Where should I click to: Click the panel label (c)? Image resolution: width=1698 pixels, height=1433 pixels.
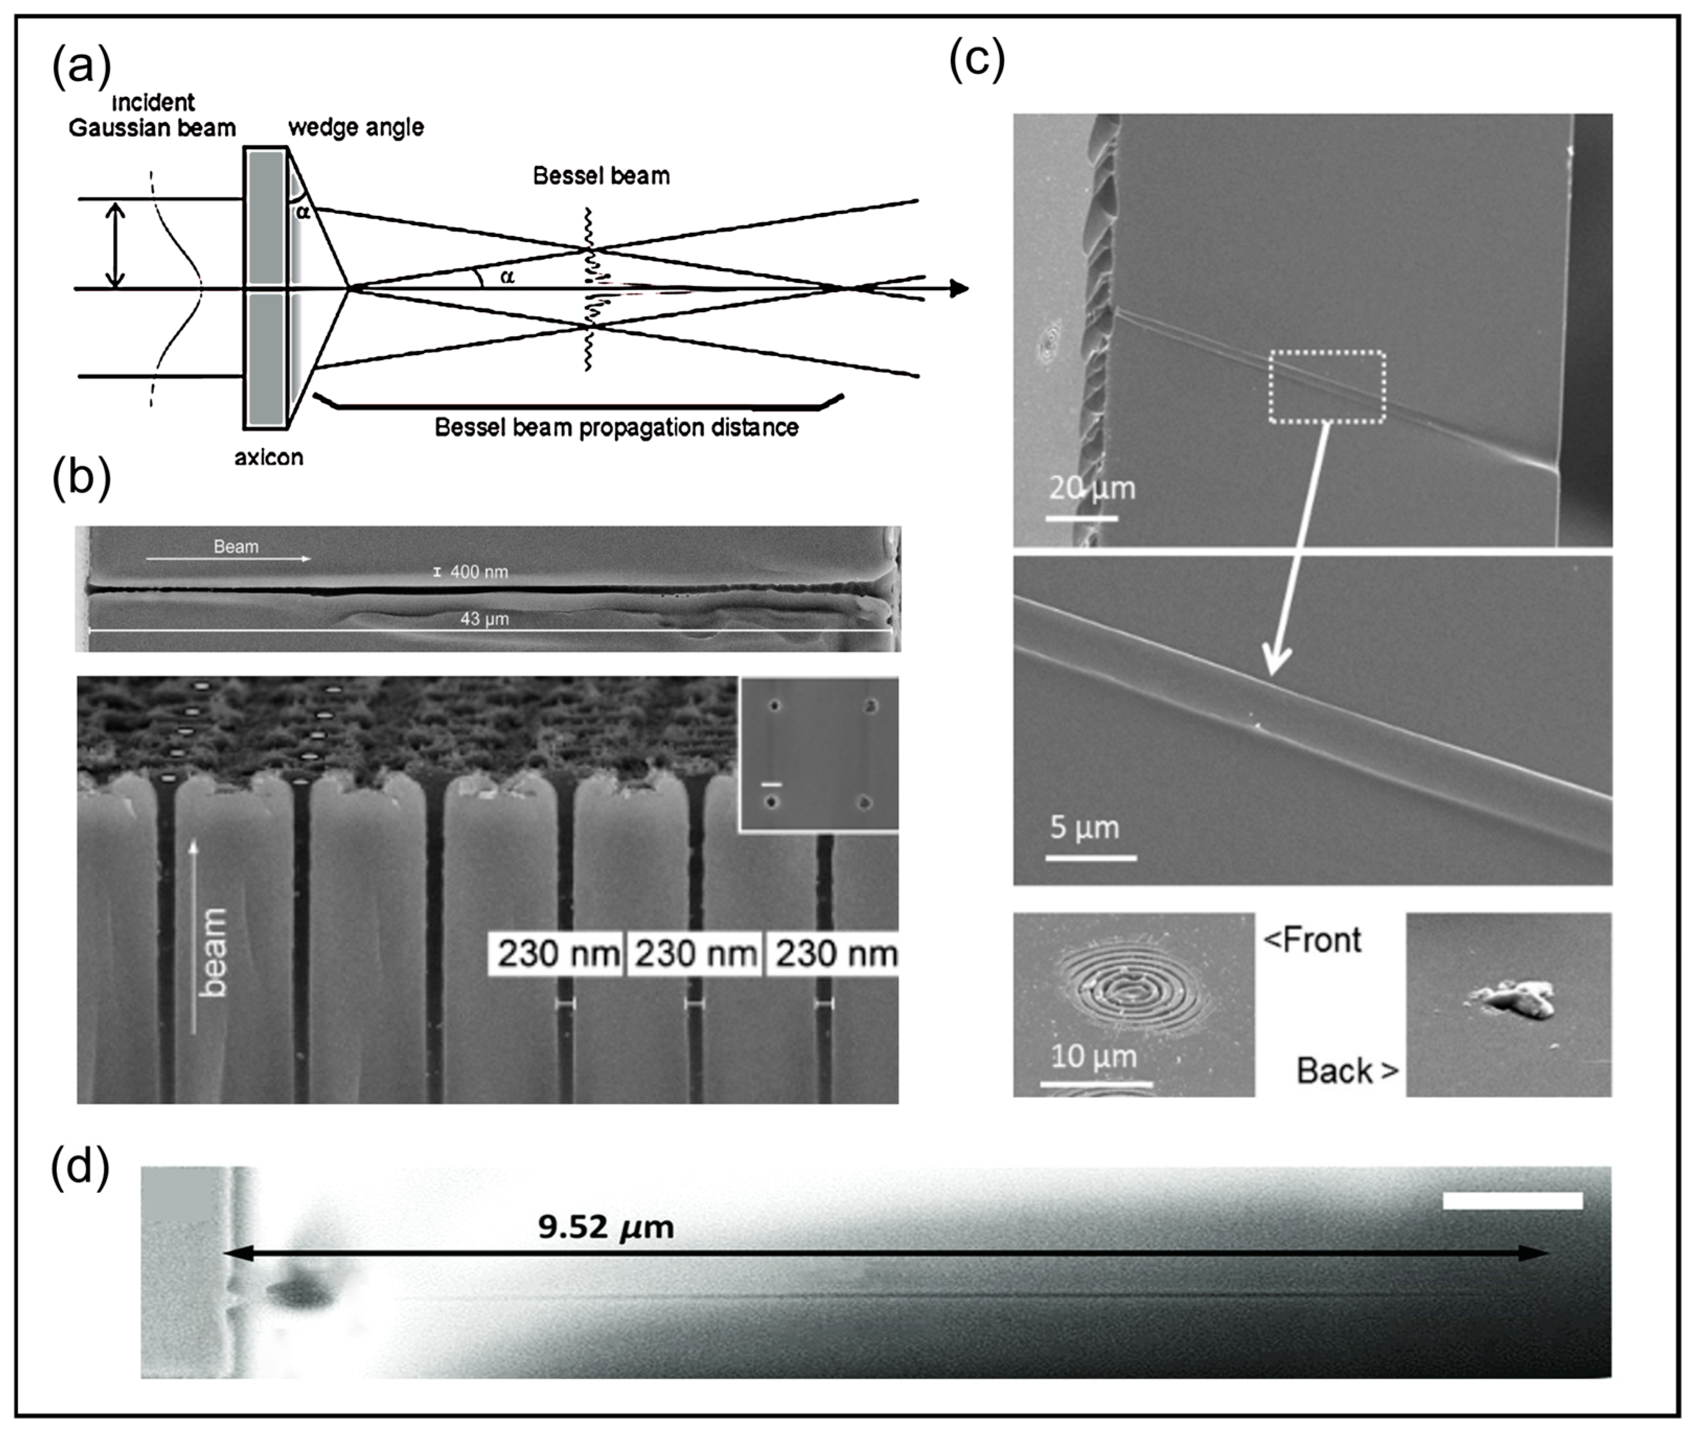977,59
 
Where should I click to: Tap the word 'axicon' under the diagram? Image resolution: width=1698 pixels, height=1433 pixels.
269,458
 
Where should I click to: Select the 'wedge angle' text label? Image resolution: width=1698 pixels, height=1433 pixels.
355,128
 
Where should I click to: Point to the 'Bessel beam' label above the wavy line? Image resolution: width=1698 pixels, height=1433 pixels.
601,176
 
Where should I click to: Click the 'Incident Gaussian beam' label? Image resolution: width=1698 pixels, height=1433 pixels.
153,116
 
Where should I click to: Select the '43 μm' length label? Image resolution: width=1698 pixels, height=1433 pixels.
485,619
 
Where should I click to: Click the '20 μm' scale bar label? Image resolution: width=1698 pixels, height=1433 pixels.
1092,488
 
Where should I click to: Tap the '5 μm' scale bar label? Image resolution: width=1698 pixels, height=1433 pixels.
1084,828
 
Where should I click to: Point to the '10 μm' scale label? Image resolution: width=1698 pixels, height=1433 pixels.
1093,1057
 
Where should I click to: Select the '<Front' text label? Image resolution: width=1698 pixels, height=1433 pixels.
1312,940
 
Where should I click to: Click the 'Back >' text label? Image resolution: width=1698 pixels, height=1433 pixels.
1346,1071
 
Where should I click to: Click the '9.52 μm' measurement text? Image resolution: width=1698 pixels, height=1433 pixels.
606,1226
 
